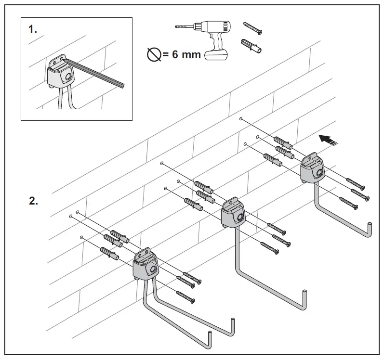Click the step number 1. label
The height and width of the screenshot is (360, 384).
tap(32, 29)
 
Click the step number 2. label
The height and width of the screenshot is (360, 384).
tap(33, 201)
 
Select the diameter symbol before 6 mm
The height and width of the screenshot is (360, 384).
tap(154, 55)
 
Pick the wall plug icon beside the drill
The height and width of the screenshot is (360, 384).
tap(251, 47)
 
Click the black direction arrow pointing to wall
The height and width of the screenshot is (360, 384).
tap(327, 139)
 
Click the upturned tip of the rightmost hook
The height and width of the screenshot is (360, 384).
tap(370, 229)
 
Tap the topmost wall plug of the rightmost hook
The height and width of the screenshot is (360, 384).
tap(282, 141)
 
